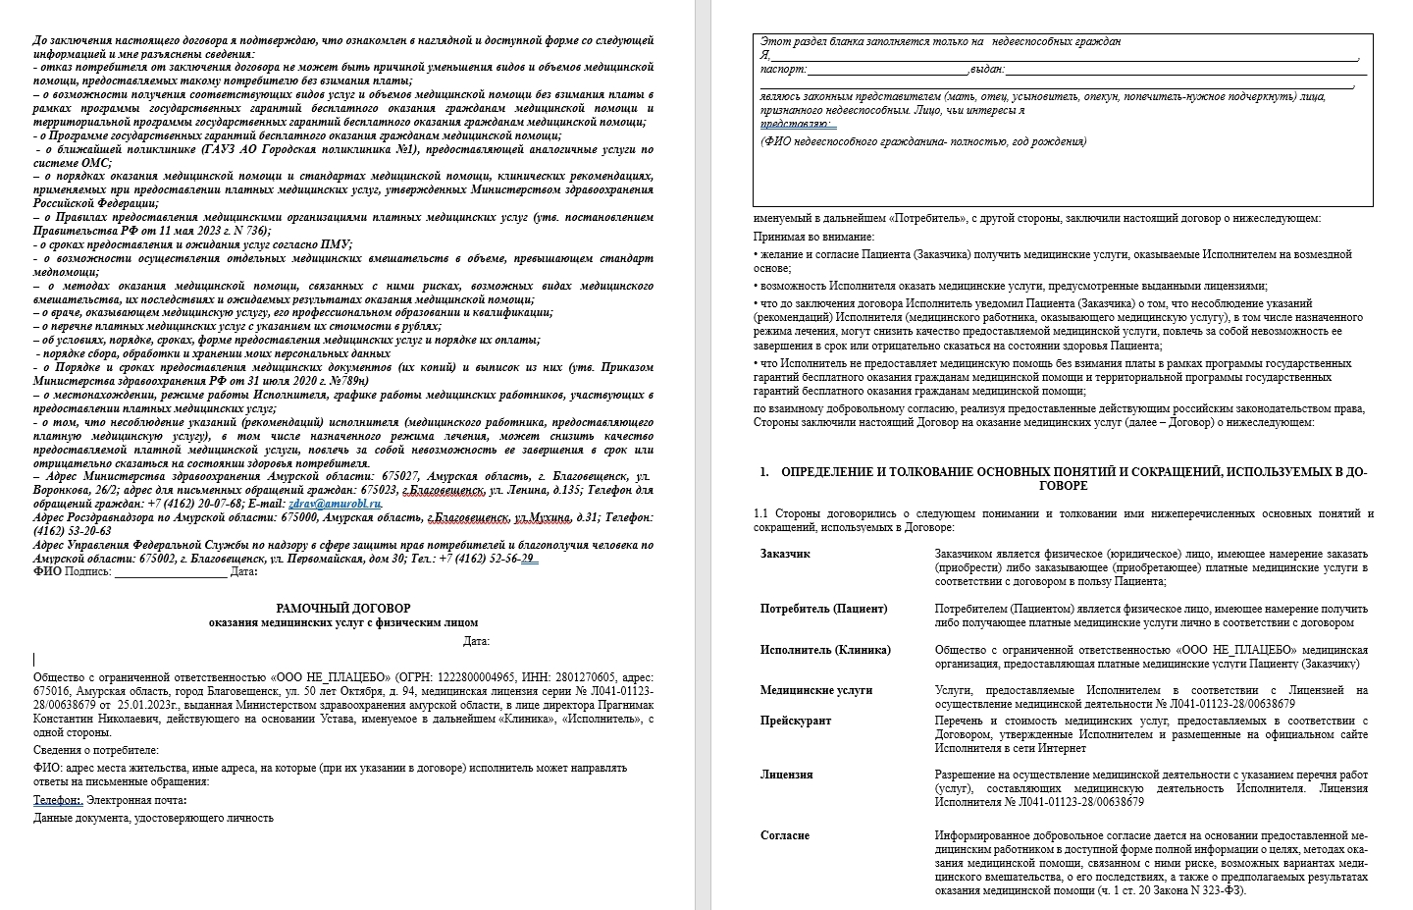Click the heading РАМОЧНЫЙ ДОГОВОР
342,609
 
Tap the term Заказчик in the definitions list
785,555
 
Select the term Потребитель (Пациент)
823,609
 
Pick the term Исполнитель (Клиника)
825,650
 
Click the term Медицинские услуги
815,690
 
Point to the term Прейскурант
795,721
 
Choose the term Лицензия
786,775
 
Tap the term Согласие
784,835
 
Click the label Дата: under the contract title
476,642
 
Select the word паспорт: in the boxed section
783,70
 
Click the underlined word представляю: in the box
798,125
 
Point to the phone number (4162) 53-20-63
72,531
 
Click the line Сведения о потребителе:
95,750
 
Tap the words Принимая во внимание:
813,237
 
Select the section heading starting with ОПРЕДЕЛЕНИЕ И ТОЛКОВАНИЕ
1063,478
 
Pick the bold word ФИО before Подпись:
47,572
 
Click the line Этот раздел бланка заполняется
940,42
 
